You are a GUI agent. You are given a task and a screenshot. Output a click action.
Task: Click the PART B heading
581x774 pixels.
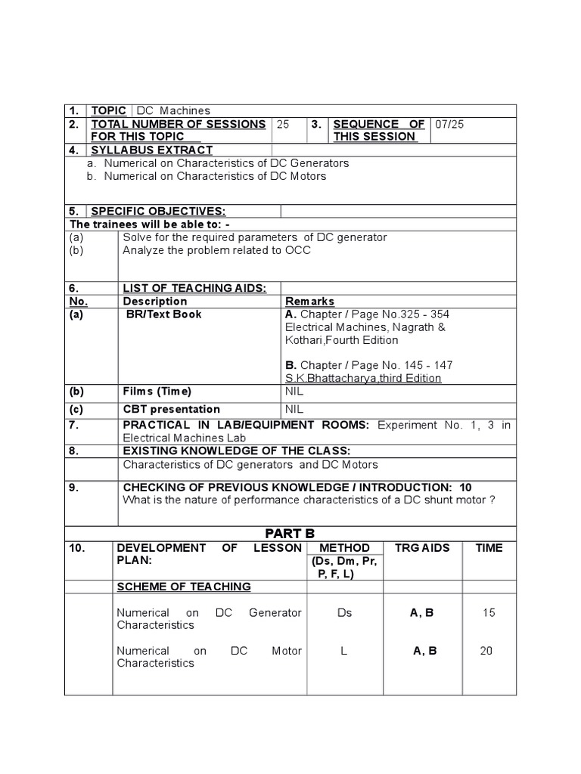pos(290,534)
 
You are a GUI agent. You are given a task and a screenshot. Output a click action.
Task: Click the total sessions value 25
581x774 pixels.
pos(283,124)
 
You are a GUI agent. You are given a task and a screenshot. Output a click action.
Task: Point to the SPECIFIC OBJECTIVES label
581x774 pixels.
pos(158,211)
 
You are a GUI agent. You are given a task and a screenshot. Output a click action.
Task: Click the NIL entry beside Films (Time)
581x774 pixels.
pos(294,392)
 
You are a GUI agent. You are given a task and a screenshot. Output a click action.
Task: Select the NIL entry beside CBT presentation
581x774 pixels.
pos(294,410)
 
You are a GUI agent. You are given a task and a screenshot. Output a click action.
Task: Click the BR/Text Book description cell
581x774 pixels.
pos(164,314)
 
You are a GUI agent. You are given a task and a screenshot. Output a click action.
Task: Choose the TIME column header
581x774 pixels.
pos(488,548)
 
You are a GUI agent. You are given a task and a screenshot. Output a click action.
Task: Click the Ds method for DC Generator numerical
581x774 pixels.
pos(344,613)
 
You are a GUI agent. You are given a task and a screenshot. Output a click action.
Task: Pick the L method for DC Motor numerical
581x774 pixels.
pos(343,651)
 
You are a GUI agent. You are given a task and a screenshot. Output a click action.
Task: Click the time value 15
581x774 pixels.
pos(488,613)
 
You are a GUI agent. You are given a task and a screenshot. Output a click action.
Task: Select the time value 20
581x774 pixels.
pos(486,651)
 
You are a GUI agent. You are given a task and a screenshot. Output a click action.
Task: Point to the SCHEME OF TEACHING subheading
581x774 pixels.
pos(184,587)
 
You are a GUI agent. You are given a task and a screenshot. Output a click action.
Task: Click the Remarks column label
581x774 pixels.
pos(309,301)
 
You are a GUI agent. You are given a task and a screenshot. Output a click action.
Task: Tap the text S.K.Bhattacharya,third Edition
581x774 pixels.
pos(363,378)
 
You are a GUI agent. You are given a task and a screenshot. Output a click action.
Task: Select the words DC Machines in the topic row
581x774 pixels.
pos(173,110)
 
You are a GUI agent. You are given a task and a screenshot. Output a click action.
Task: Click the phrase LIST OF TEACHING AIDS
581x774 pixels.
pos(194,288)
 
